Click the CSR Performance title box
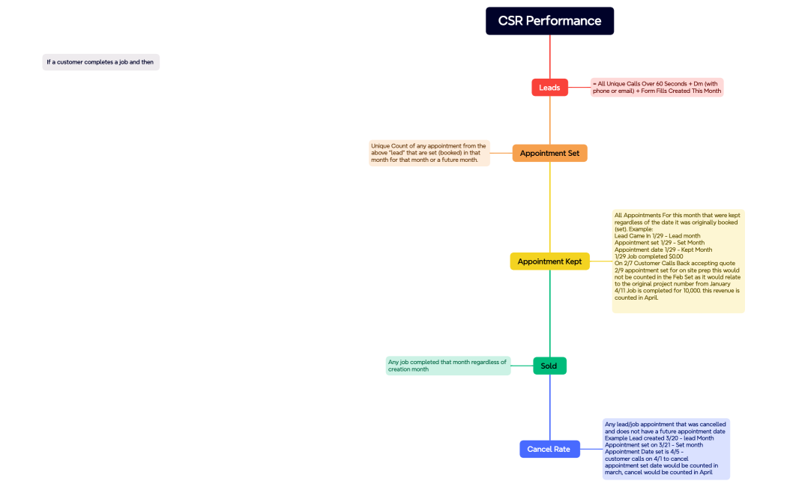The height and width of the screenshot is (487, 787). [x=549, y=21]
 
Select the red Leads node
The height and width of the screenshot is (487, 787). [x=549, y=88]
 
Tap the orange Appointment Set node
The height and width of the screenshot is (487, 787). [x=549, y=153]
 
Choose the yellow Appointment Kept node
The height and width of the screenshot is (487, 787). [x=549, y=261]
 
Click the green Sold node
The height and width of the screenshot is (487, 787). [x=549, y=366]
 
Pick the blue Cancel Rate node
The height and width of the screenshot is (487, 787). [x=549, y=449]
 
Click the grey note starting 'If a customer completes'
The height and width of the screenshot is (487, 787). [x=100, y=62]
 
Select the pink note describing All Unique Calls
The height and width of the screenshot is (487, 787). [x=657, y=88]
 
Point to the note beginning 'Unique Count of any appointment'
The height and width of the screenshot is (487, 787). [x=429, y=153]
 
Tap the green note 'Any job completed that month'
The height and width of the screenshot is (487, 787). [x=447, y=366]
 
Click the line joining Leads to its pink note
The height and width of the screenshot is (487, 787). [x=579, y=88]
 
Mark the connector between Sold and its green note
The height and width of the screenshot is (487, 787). [x=522, y=366]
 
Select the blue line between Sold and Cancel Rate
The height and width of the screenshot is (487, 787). [x=549, y=408]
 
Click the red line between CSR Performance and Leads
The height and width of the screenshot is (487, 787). [x=549, y=57]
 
